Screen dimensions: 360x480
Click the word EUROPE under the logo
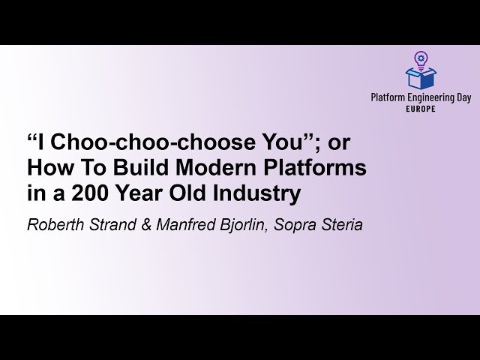[x=421, y=109]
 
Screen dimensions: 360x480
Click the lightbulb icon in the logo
[x=421, y=58]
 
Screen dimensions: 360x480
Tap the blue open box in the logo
[x=421, y=77]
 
